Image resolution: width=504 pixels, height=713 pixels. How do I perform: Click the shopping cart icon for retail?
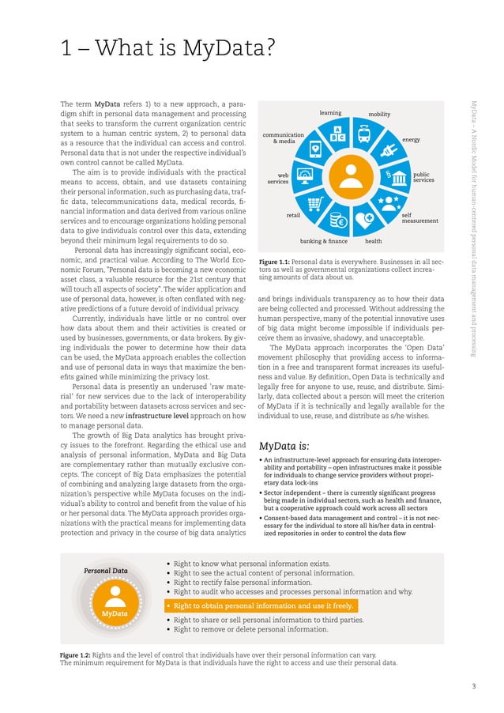click(315, 203)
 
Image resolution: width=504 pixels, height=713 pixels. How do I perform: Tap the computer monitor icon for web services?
click(303, 175)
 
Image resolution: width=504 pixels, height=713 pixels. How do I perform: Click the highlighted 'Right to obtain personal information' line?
click(262, 606)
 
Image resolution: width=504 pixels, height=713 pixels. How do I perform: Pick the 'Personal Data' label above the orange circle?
click(106, 571)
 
